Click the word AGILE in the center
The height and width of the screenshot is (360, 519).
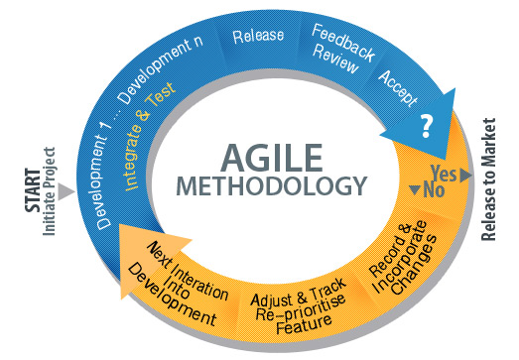[x=274, y=156]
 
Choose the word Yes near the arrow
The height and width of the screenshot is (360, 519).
[x=445, y=173]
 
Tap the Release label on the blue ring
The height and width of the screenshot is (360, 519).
[x=258, y=37]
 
